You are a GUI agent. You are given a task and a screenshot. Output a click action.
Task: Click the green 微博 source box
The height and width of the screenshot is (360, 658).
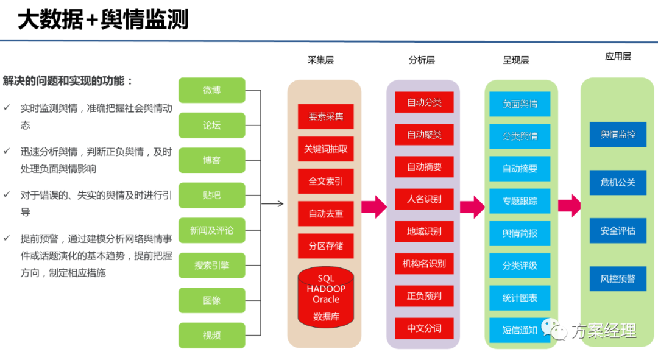click(211, 90)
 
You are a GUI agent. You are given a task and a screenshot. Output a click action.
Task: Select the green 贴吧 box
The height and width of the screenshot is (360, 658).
click(211, 196)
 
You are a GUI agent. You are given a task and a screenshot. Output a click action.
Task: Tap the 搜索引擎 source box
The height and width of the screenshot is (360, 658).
click(211, 266)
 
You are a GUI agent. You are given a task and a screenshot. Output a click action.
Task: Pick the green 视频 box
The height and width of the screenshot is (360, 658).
click(211, 336)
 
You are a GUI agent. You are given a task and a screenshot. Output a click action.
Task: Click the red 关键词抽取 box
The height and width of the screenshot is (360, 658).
click(325, 149)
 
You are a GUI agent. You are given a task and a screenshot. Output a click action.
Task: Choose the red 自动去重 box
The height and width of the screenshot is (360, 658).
click(325, 214)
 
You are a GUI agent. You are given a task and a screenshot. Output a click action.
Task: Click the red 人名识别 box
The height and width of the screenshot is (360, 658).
click(424, 199)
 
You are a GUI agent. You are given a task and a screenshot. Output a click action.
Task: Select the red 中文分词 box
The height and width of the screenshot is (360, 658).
click(424, 329)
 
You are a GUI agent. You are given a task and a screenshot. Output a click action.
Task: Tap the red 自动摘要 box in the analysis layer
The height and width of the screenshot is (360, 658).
click(424, 167)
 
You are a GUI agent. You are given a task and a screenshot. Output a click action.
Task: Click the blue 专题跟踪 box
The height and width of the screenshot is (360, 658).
click(520, 201)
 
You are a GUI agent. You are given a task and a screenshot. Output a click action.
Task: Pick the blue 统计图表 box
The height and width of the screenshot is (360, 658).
click(520, 298)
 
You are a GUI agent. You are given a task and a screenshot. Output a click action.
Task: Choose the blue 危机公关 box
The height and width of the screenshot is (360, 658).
click(618, 183)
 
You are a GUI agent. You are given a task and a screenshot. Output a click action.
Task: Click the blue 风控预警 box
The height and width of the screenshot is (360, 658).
click(618, 279)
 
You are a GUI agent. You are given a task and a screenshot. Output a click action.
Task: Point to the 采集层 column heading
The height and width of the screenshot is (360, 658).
click(320, 60)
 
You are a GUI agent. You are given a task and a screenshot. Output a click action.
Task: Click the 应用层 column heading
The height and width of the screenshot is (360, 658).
click(618, 57)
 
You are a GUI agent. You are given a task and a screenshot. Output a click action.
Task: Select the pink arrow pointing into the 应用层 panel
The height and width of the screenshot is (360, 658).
click(569, 205)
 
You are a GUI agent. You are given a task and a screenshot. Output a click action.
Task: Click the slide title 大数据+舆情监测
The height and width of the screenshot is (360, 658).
click(102, 21)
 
